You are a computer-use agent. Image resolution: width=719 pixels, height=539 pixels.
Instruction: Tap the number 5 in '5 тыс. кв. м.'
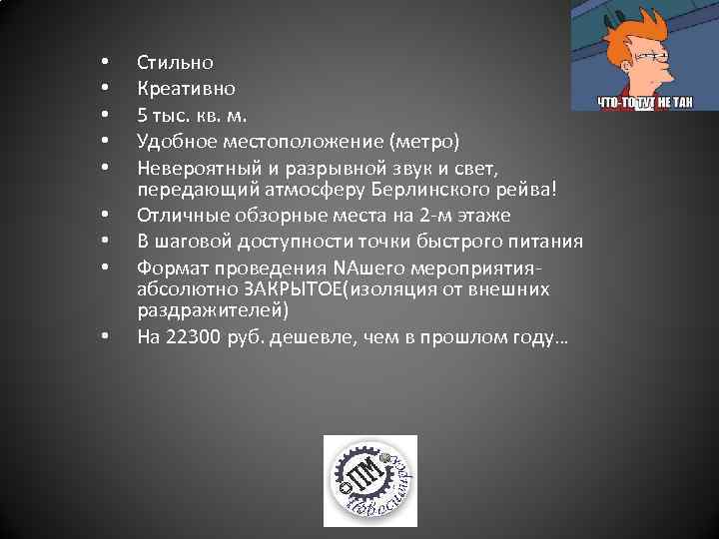(x=143, y=114)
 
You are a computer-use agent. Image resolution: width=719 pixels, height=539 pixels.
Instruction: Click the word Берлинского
(x=427, y=189)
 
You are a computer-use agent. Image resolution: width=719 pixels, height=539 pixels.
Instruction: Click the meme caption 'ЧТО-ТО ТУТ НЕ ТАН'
(x=644, y=101)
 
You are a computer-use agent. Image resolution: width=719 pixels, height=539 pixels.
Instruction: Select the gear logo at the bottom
(x=369, y=481)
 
